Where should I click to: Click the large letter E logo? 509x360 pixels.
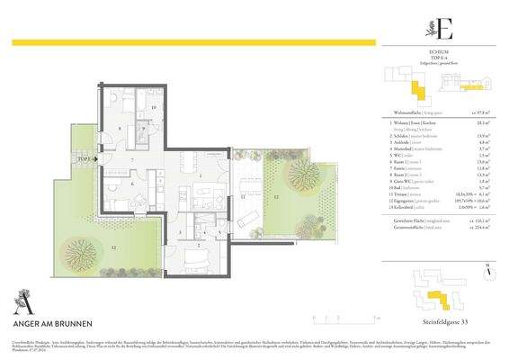tap(443, 29)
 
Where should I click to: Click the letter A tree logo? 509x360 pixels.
tap(19, 300)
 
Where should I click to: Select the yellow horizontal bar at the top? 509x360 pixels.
tap(194, 41)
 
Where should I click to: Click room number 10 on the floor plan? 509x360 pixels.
tap(153, 108)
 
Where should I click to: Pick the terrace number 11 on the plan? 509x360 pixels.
tap(244, 194)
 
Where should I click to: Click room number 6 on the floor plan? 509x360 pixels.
tap(133, 184)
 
